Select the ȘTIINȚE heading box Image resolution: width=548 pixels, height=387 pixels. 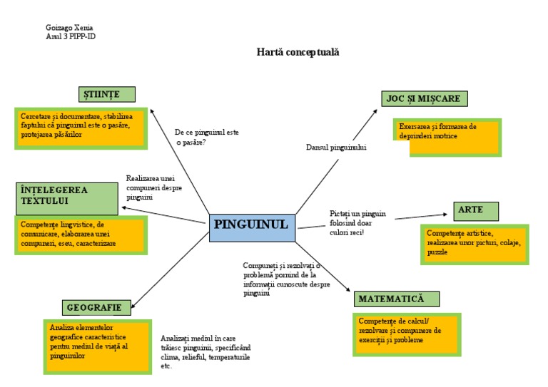coord(106,94)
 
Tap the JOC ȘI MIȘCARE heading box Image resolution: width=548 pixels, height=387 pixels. coord(425,98)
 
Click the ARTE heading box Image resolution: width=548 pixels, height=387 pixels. coord(475,211)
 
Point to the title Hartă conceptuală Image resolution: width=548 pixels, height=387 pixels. coord(298,52)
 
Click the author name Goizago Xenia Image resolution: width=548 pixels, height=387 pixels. coord(69,28)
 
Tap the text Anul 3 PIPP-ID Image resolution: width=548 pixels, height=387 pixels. coord(70,36)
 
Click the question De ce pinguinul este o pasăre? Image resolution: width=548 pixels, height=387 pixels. coord(207,137)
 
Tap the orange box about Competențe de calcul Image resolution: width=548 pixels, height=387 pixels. coord(406,334)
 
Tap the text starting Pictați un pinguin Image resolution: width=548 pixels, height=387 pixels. coord(357,223)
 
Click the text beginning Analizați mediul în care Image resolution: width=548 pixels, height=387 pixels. coord(205,351)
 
